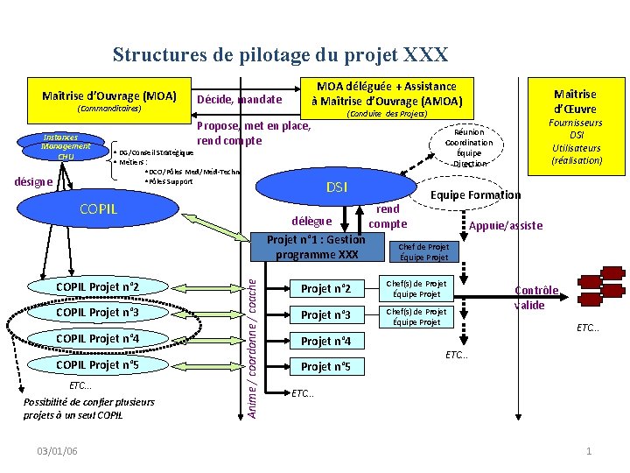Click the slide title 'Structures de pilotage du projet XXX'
click(x=280, y=55)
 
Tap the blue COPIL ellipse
click(x=98, y=208)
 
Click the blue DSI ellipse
click(x=336, y=187)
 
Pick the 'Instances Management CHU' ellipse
click(x=66, y=147)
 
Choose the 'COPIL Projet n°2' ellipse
click(x=97, y=287)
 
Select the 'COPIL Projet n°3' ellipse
click(x=97, y=313)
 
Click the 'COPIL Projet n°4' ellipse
click(x=97, y=338)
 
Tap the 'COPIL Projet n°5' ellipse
click(x=97, y=364)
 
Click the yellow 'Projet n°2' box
click(x=325, y=289)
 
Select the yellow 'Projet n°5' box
click(x=325, y=367)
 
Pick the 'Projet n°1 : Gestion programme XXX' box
click(x=317, y=246)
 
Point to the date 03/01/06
click(x=58, y=450)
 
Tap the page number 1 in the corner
click(x=589, y=450)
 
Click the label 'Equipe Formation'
click(x=475, y=195)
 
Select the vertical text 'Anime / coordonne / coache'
click(x=252, y=342)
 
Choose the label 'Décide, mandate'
click(x=240, y=100)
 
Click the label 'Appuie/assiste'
click(x=506, y=225)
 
